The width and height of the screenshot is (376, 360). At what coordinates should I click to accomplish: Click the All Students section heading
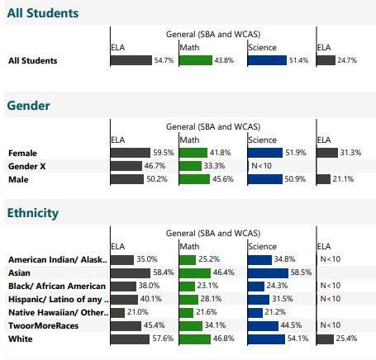click(x=43, y=13)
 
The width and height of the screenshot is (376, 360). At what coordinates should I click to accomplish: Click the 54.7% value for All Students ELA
click(x=164, y=60)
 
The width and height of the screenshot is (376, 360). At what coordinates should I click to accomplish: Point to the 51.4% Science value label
click(x=299, y=60)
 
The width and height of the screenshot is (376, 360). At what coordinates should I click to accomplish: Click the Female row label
click(x=23, y=153)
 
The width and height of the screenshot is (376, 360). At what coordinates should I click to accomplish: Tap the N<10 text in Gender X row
click(x=261, y=166)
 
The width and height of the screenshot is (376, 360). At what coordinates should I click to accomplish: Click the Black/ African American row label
click(x=55, y=286)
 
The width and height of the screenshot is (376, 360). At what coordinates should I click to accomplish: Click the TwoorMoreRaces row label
click(x=41, y=325)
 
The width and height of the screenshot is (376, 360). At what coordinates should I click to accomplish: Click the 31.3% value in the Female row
click(x=351, y=153)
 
